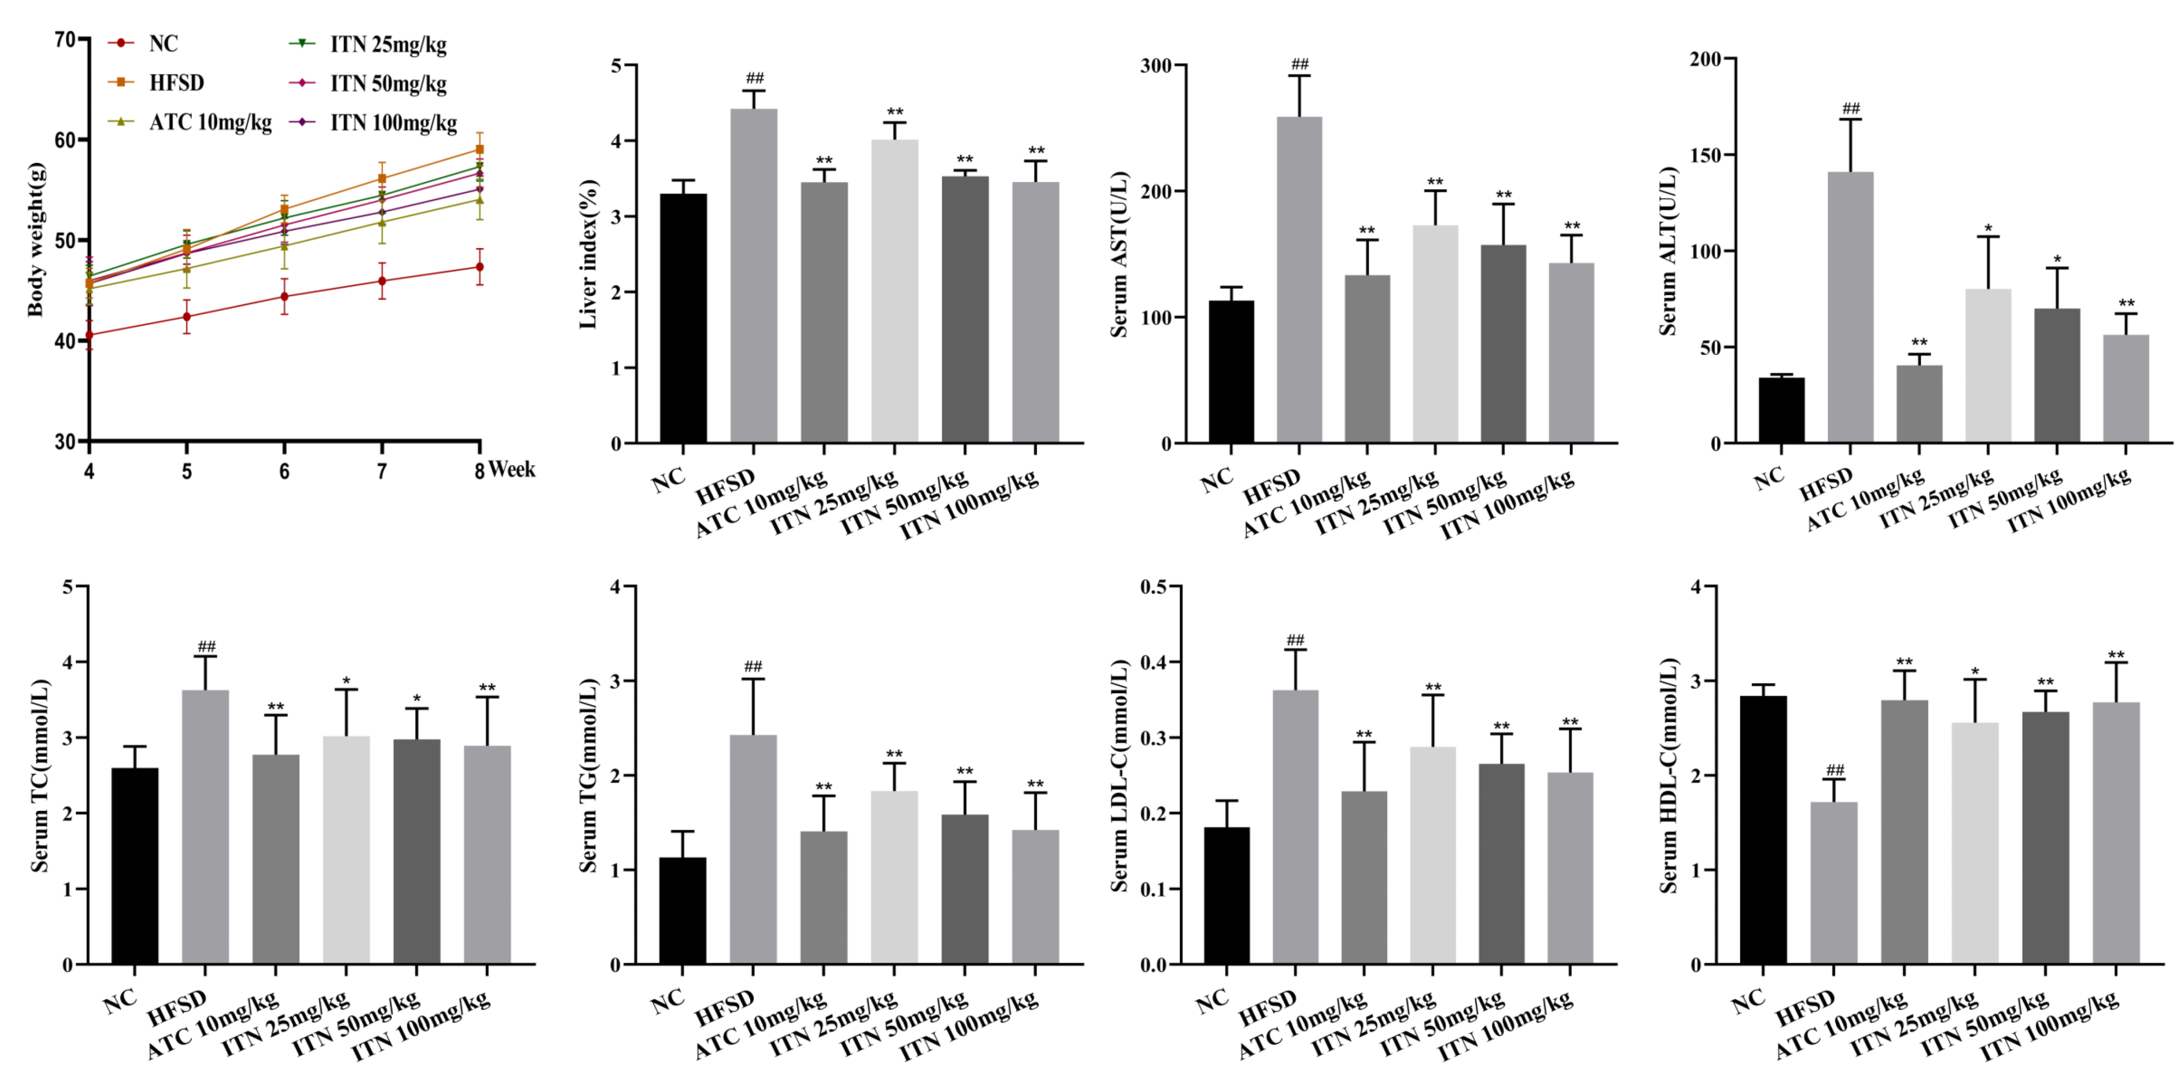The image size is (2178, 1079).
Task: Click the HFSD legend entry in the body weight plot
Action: coord(176,83)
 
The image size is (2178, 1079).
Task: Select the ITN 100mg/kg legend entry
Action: coord(393,123)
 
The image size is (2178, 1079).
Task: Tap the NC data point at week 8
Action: coord(479,267)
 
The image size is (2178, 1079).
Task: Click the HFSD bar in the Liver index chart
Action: coord(753,275)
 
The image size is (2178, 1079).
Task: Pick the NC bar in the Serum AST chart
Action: coord(1231,371)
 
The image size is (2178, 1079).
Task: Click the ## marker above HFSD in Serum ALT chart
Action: coord(1851,108)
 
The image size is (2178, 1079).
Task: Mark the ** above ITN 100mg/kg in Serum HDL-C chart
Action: coord(2116,656)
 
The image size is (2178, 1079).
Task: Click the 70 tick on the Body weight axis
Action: coord(65,39)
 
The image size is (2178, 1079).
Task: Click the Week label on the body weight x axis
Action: coord(512,469)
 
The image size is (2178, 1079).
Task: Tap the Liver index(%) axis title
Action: coord(589,254)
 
